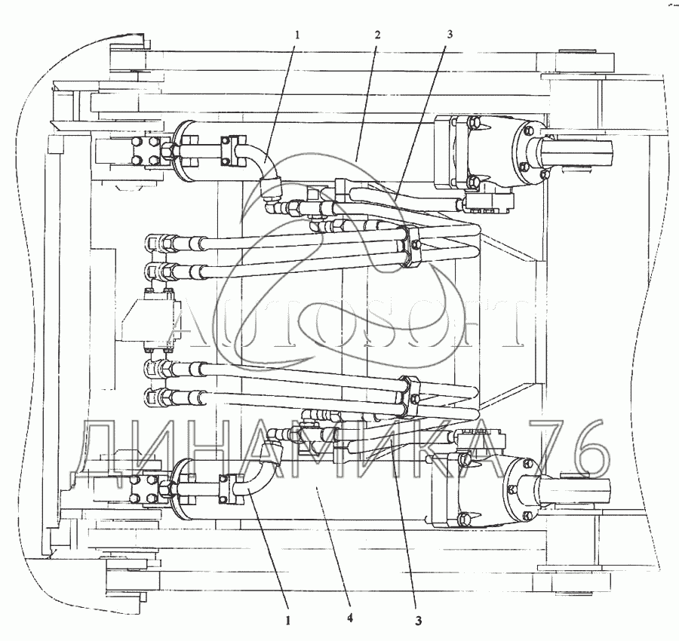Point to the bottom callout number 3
point(418,621)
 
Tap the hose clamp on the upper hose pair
point(412,246)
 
